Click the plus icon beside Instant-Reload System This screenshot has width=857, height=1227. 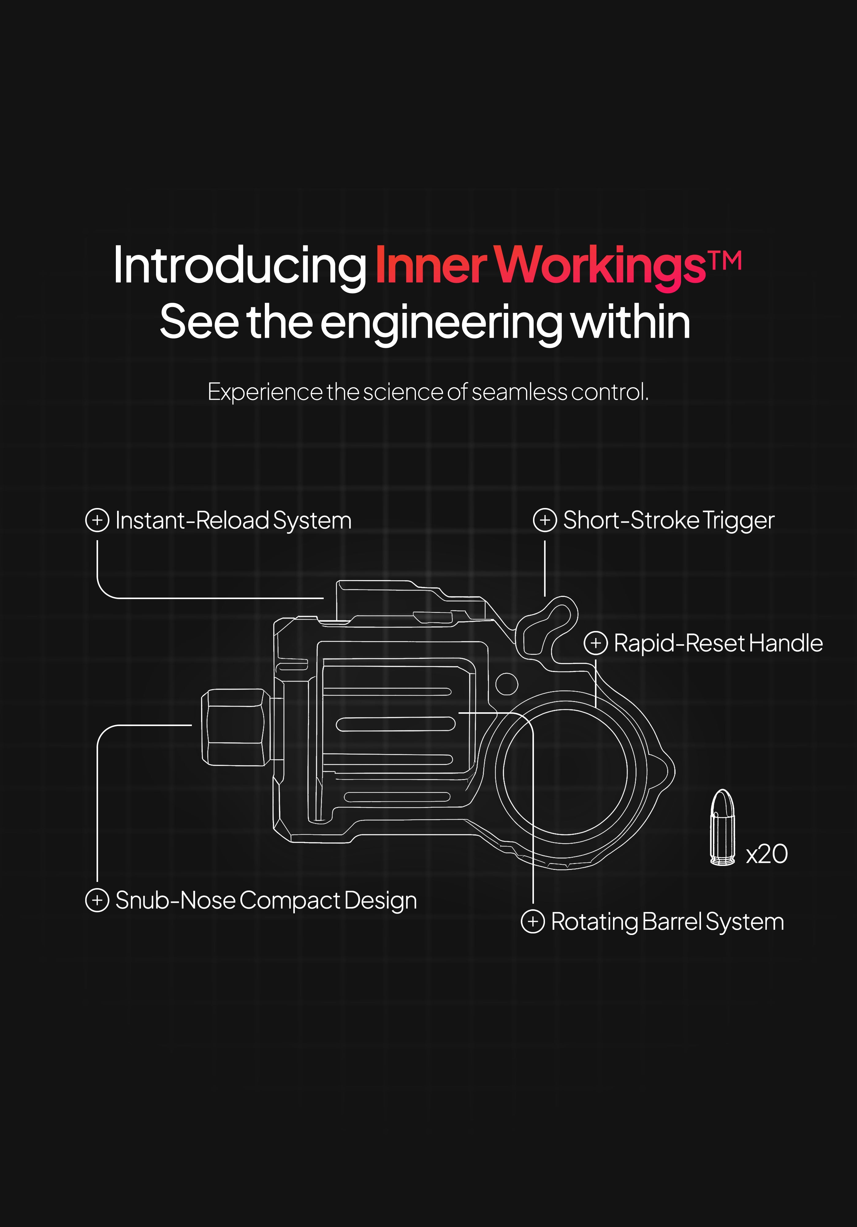click(x=97, y=520)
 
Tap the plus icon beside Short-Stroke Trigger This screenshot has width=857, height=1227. click(x=545, y=520)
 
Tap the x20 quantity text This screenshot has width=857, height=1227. click(x=767, y=854)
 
